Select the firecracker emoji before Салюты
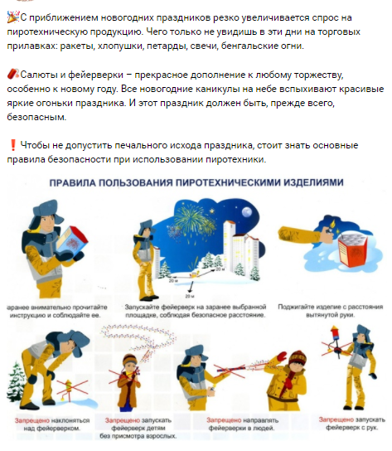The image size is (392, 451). [10, 74]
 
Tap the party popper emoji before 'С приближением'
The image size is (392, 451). [11, 16]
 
